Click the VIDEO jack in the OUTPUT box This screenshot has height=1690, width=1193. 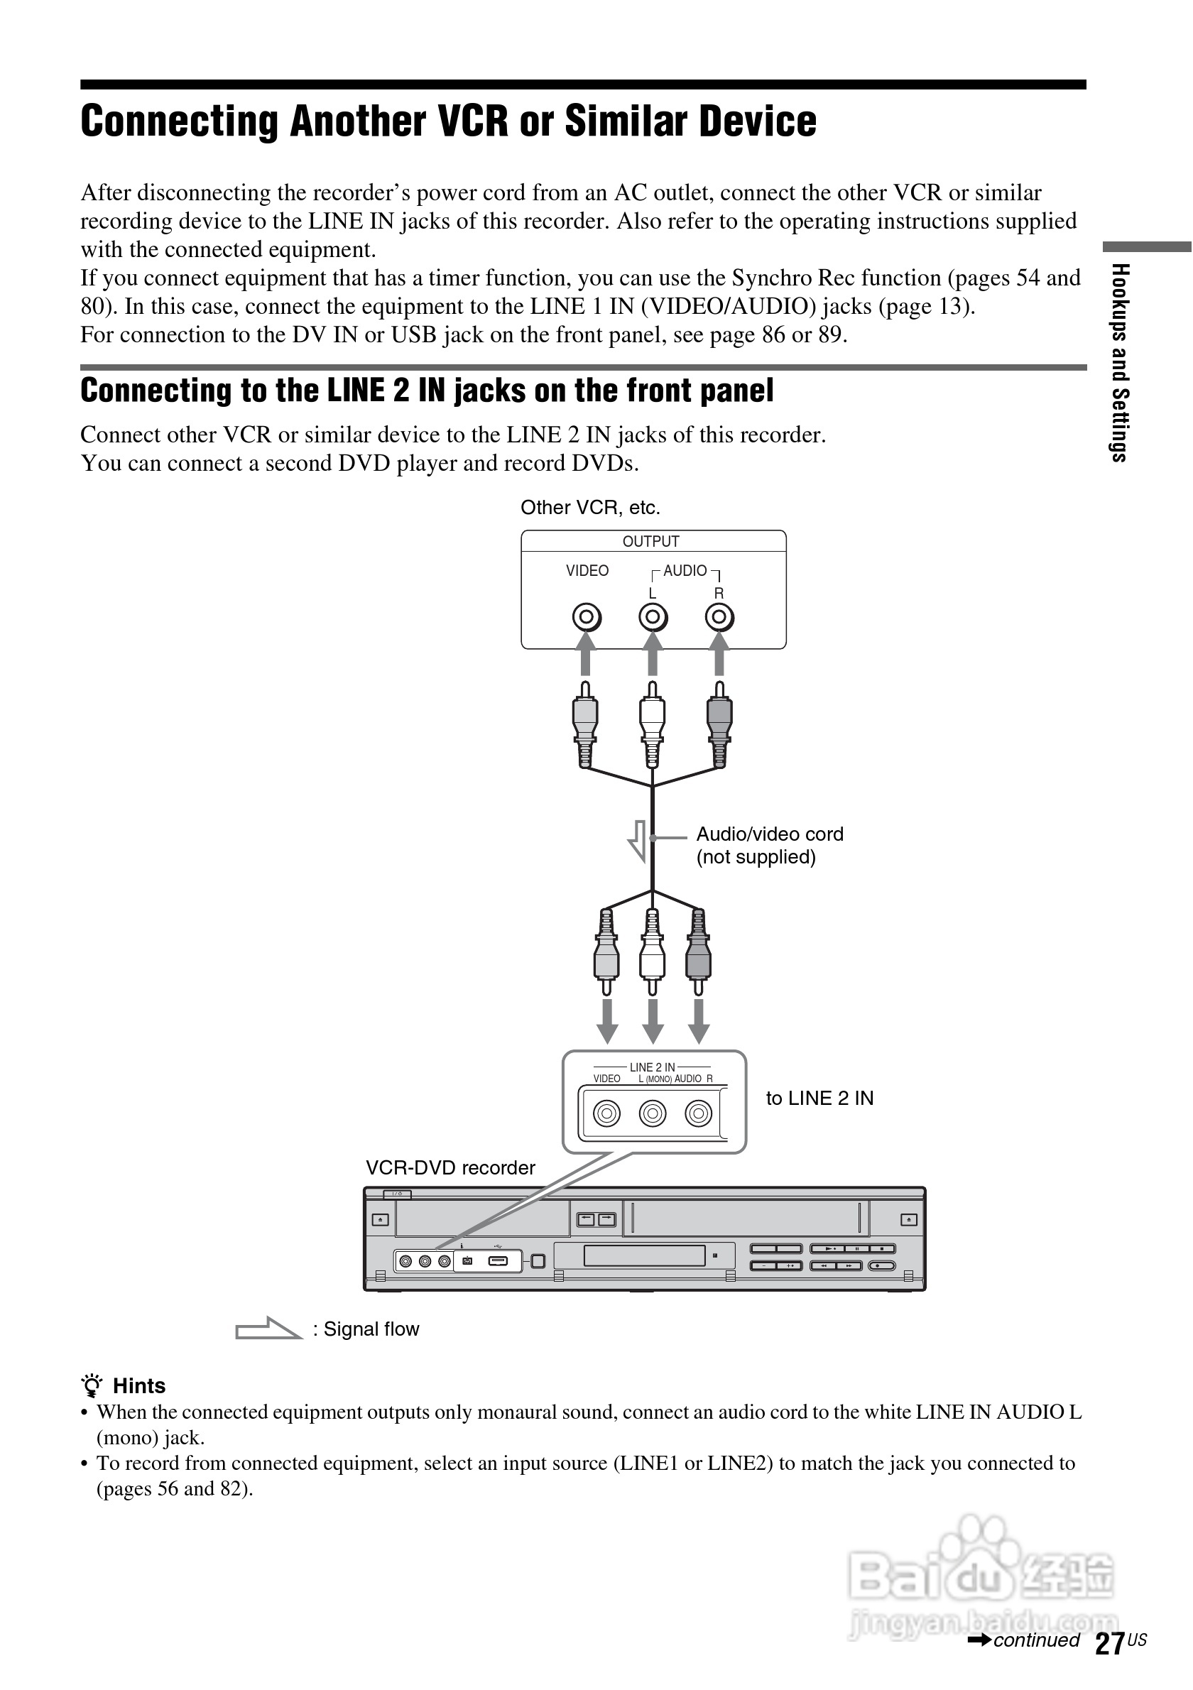coord(587,617)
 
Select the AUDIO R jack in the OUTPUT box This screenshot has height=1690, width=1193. coord(719,617)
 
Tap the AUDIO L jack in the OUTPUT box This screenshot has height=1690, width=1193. coord(653,617)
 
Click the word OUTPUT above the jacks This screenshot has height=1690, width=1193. coord(650,541)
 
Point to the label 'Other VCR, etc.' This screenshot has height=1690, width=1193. coord(590,507)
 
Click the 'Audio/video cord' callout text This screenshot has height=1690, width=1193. coord(769,834)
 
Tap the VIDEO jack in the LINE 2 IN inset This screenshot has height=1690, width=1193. coord(606,1113)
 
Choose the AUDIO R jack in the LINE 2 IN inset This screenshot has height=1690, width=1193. coord(698,1113)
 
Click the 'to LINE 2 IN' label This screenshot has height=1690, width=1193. coord(819,1098)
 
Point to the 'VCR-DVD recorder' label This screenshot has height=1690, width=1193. coord(450,1167)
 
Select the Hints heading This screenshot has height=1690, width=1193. coord(138,1386)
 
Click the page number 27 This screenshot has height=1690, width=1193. coord(1109,1643)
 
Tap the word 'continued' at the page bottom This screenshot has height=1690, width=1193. coord(1035,1640)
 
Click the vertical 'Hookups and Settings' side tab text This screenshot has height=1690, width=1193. coord(1118,362)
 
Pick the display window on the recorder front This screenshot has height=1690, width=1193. coord(644,1255)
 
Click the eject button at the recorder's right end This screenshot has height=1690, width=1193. coord(909,1220)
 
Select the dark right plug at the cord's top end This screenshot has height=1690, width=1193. coord(719,724)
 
